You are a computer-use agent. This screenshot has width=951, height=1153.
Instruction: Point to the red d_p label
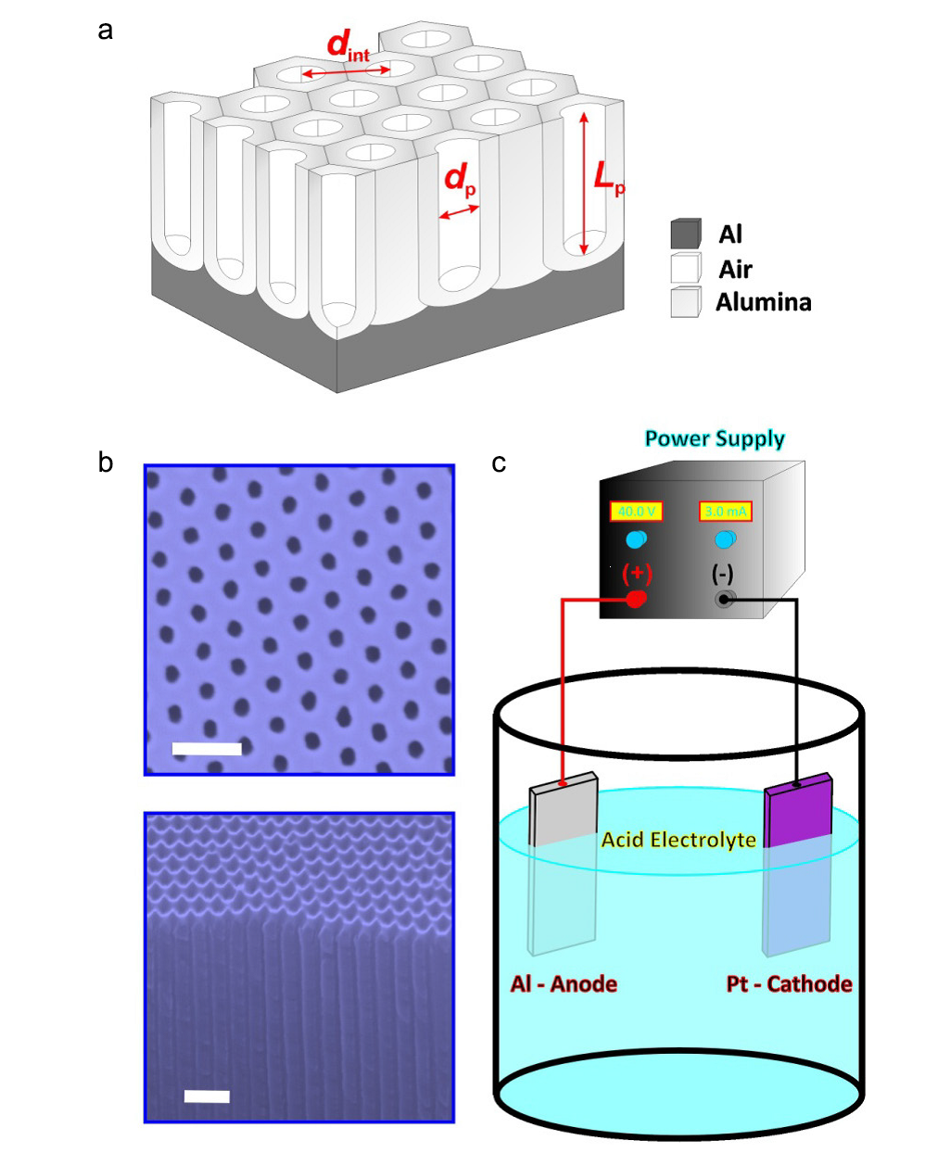click(x=460, y=179)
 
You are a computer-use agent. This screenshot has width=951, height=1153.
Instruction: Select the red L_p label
click(x=608, y=176)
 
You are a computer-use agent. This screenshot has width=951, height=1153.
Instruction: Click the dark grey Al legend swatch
click(x=686, y=234)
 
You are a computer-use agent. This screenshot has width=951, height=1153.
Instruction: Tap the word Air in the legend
click(x=735, y=269)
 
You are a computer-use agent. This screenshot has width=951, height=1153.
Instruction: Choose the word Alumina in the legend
click(x=763, y=302)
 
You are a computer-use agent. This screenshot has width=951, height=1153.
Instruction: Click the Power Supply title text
click(x=715, y=438)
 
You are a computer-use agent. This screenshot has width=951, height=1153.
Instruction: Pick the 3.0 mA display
click(x=725, y=511)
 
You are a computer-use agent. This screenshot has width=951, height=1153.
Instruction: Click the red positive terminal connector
click(x=636, y=599)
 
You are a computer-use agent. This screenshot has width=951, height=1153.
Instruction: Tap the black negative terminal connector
click(x=723, y=599)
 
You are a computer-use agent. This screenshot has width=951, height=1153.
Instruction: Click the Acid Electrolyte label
click(x=678, y=840)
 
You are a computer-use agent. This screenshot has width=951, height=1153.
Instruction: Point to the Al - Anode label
click(x=564, y=983)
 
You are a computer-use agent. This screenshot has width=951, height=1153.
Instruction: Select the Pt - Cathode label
click(x=789, y=983)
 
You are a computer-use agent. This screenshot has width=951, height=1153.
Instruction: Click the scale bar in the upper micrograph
click(x=207, y=749)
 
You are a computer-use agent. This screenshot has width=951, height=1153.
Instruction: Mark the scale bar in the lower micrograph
click(x=207, y=1096)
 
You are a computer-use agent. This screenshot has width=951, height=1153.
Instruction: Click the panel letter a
click(x=106, y=31)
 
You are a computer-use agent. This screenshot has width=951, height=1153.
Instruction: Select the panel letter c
click(x=499, y=462)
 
